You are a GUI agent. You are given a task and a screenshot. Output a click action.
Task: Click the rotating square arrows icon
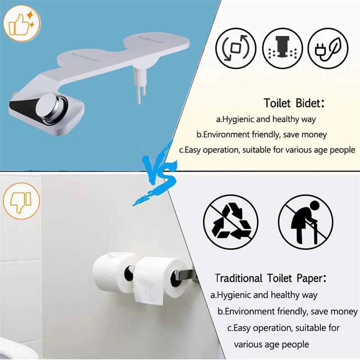[x=235, y=47]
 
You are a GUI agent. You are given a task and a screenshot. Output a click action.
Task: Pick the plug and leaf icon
[x=329, y=47]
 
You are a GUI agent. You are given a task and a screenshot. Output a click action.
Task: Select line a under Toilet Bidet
[x=266, y=120]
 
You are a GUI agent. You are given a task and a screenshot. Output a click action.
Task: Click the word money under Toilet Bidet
[x=315, y=135]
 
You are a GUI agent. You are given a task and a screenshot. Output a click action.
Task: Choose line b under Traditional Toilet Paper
[x=288, y=311]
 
